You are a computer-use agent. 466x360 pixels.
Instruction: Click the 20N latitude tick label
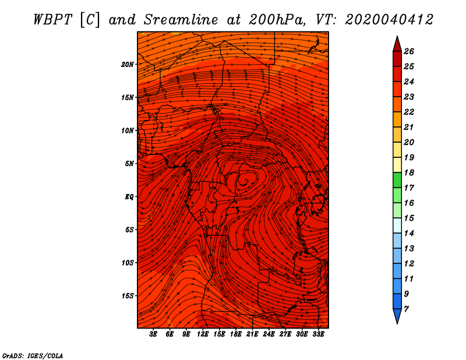click(127, 64)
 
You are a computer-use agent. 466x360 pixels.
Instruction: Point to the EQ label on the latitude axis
click(129, 196)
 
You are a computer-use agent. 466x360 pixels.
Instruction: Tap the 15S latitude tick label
click(128, 296)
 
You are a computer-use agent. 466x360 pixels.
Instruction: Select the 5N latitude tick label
click(129, 164)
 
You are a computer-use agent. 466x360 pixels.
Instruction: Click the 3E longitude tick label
click(153, 334)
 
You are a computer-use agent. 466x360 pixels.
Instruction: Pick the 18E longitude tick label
click(236, 334)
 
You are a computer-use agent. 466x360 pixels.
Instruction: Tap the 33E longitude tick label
click(318, 334)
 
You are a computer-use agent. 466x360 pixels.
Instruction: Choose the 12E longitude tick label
click(203, 334)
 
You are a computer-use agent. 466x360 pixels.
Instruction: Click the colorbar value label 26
click(409, 51)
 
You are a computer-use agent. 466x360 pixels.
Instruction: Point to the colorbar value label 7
click(406, 309)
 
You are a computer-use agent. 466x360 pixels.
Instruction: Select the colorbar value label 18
click(409, 172)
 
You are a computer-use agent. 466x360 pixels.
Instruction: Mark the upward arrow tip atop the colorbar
click(397, 36)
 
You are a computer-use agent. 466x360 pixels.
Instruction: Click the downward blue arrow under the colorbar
click(397, 316)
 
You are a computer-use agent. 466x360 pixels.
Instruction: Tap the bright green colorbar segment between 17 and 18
click(397, 180)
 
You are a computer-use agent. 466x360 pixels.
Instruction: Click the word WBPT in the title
click(52, 20)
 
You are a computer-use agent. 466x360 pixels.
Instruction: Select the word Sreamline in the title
click(181, 20)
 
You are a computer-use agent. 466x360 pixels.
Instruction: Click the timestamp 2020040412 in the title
click(389, 20)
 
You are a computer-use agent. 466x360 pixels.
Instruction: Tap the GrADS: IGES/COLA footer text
click(33, 356)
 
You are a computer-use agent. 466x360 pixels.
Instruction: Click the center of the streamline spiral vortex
click(246, 180)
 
